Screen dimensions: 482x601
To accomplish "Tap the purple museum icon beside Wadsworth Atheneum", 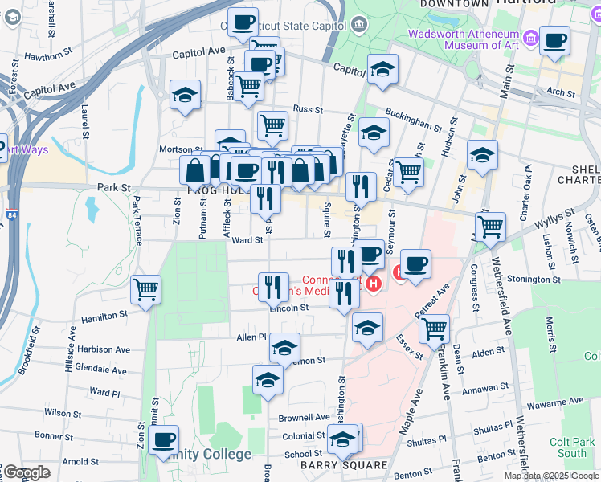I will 530,38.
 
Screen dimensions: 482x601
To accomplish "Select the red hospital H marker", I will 373,284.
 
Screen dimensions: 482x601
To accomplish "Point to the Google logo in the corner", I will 27,472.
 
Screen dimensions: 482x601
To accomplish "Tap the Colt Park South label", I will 572,447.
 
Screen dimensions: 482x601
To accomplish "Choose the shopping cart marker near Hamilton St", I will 145,289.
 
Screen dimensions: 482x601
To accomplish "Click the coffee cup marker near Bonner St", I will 164,439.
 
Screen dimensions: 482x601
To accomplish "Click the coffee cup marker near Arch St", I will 554,40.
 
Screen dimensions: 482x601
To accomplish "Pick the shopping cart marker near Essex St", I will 434,328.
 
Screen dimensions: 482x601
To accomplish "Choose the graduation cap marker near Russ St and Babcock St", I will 186,95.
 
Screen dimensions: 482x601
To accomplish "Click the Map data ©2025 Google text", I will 551,476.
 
